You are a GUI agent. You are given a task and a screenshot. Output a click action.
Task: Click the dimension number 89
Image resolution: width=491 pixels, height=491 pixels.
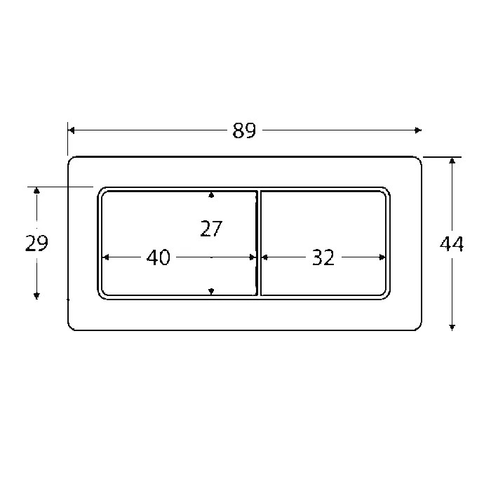click(244, 130)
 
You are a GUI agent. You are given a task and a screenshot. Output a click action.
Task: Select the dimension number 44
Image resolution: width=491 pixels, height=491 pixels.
click(452, 244)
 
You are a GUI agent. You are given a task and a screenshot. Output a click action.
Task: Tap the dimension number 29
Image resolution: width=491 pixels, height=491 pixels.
click(36, 243)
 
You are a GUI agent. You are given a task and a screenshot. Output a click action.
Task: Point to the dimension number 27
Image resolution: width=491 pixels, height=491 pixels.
click(210, 229)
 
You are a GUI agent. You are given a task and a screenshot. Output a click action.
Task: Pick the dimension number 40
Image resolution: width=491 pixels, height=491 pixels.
click(159, 258)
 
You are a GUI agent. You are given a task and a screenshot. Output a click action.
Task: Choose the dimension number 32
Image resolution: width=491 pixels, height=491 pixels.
click(322, 258)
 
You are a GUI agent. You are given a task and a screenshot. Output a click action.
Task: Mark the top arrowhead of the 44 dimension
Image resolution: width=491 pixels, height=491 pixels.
click(452, 161)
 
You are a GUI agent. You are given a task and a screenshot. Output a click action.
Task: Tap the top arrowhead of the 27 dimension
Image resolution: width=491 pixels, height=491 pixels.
click(211, 194)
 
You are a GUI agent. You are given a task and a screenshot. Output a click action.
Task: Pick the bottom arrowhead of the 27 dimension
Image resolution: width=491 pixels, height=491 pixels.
click(211, 290)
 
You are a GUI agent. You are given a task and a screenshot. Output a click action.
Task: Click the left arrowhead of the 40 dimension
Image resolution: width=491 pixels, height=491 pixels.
click(106, 257)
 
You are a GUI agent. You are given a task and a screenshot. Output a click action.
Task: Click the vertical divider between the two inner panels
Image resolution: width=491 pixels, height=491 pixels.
click(258, 243)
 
